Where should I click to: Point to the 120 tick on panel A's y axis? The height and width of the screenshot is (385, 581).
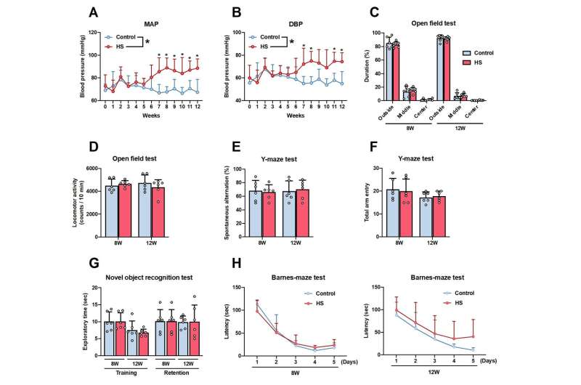coord(92,33)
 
